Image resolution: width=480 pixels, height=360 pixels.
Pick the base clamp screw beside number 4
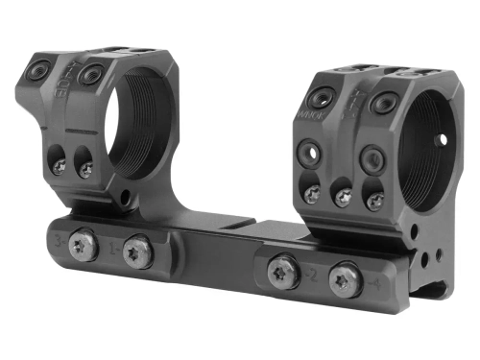pyautogui.click(x=345, y=280)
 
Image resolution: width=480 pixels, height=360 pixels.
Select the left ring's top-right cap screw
pyautogui.click(x=93, y=75)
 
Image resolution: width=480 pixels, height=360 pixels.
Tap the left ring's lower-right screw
pyautogui.click(x=86, y=170)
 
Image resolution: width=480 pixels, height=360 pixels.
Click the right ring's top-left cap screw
pyautogui.click(x=320, y=97)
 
